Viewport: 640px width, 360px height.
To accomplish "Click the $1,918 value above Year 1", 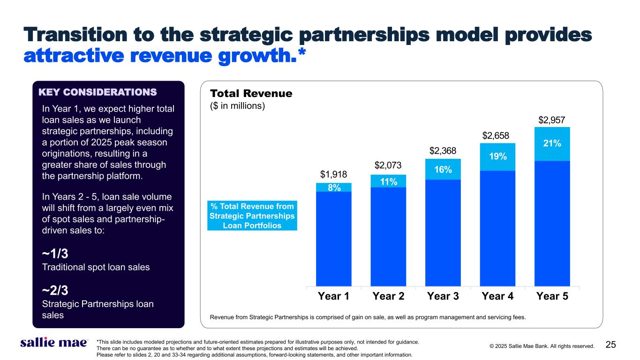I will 334,175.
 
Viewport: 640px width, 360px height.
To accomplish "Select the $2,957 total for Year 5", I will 552,120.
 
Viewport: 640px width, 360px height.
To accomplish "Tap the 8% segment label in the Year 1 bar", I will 334,187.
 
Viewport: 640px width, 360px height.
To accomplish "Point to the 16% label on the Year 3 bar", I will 443,170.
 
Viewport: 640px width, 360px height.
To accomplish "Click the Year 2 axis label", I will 388,296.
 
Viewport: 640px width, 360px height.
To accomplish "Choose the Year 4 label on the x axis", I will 497,296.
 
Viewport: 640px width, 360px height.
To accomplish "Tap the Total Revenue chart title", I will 251,94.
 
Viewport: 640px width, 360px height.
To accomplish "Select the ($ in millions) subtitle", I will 238,106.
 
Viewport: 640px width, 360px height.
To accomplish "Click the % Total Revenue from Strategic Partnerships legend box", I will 252,216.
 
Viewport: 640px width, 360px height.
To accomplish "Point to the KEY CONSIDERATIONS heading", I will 97,91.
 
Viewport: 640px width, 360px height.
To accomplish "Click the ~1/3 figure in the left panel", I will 55,254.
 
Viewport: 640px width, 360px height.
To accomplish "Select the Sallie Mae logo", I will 53,343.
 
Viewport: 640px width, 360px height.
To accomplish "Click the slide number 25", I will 610,345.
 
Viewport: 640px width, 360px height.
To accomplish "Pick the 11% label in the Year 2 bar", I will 388,181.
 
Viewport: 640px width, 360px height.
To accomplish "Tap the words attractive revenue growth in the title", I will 164,56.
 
